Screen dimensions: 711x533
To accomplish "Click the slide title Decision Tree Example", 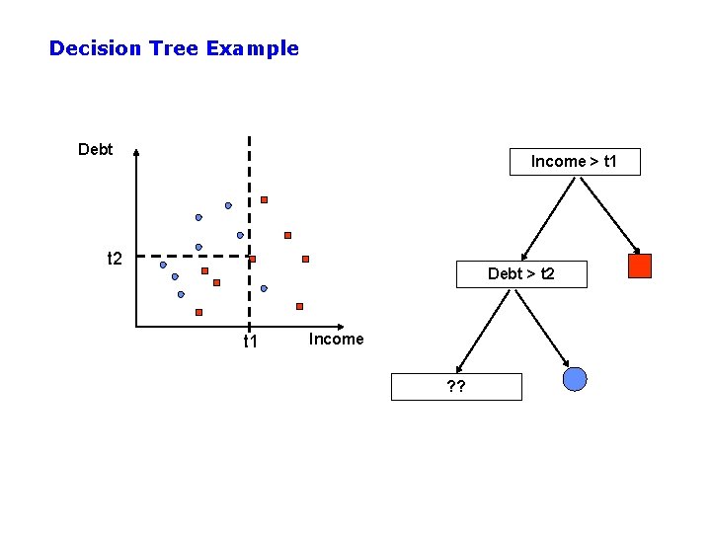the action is (x=174, y=47).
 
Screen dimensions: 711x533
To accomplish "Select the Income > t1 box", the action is (x=574, y=162).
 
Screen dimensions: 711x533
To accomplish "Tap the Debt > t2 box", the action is (x=520, y=273).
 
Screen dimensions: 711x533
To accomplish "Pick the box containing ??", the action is (x=456, y=386).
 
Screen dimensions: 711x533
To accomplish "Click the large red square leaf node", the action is (x=640, y=266).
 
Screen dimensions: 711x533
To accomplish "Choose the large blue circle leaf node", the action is (x=575, y=379).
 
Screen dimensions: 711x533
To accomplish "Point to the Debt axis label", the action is (x=96, y=150).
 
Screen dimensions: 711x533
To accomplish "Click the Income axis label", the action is (x=336, y=340).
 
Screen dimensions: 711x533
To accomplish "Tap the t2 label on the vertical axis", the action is (x=115, y=259).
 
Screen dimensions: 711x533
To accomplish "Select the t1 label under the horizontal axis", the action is (x=250, y=343).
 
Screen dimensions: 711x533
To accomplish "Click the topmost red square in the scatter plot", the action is (x=264, y=200).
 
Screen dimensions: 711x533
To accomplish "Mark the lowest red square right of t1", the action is (x=299, y=306).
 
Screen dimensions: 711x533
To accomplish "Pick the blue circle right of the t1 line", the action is (x=264, y=288).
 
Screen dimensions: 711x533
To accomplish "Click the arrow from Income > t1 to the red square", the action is (x=606, y=213).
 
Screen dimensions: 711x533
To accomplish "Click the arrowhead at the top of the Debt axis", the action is (x=136, y=153).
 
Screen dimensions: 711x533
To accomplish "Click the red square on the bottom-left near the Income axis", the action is (x=198, y=312).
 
